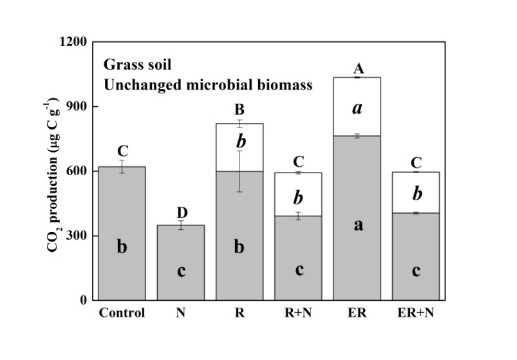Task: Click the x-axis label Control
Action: click(122, 314)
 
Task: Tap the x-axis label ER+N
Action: click(415, 314)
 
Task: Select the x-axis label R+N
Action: click(298, 314)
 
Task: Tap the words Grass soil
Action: click(136, 65)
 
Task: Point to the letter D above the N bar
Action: click(181, 213)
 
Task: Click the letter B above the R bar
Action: click(240, 110)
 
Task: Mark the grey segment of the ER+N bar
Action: click(415, 283)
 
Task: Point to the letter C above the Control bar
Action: click(122, 152)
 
